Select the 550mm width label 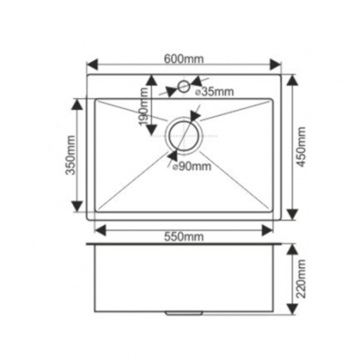point(184,236)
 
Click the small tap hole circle point(184,88)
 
